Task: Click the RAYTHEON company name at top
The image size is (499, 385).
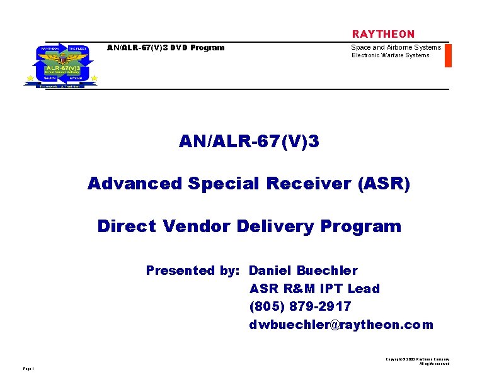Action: pos(383,34)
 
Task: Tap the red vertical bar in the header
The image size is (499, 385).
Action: pos(448,55)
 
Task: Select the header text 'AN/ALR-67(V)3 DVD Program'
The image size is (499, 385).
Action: pos(166,47)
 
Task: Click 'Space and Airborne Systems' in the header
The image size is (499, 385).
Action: pos(396,47)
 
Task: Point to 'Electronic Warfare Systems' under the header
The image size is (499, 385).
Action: pos(390,55)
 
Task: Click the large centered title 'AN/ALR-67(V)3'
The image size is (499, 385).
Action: pos(249,142)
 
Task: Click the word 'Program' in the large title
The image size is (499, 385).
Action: pos(360,226)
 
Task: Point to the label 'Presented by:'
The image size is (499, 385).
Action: pos(193,271)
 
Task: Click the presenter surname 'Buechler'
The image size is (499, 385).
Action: pos(327,271)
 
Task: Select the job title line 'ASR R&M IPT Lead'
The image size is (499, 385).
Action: pos(314,289)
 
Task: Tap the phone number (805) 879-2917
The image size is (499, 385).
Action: pos(300,306)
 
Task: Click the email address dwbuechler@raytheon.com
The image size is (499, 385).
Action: pos(341,325)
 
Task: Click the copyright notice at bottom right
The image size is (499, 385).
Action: pos(418,361)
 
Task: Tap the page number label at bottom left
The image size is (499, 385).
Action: pos(28,369)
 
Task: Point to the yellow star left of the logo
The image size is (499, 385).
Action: pos(29,79)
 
